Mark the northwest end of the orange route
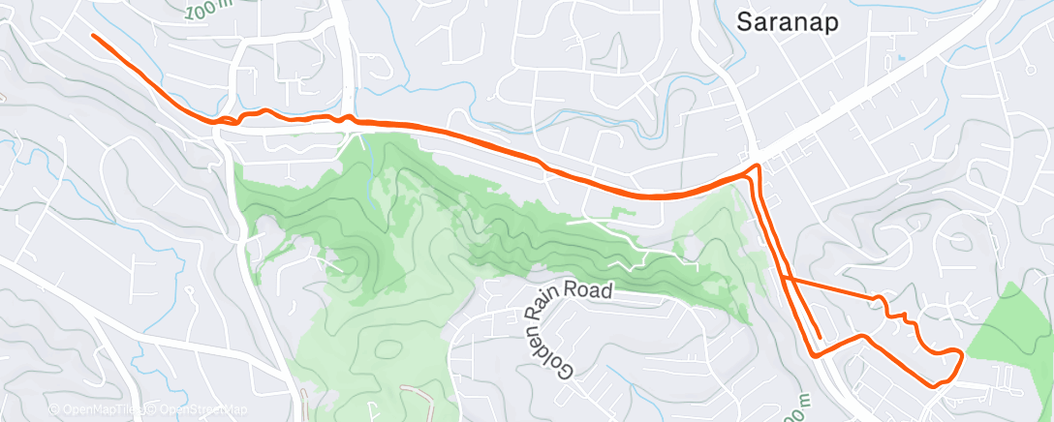coord(94,36)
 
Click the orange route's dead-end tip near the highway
coord(820,338)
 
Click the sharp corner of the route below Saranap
coord(756,169)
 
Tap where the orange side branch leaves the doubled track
coord(783,279)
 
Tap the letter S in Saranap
coord(744,21)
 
